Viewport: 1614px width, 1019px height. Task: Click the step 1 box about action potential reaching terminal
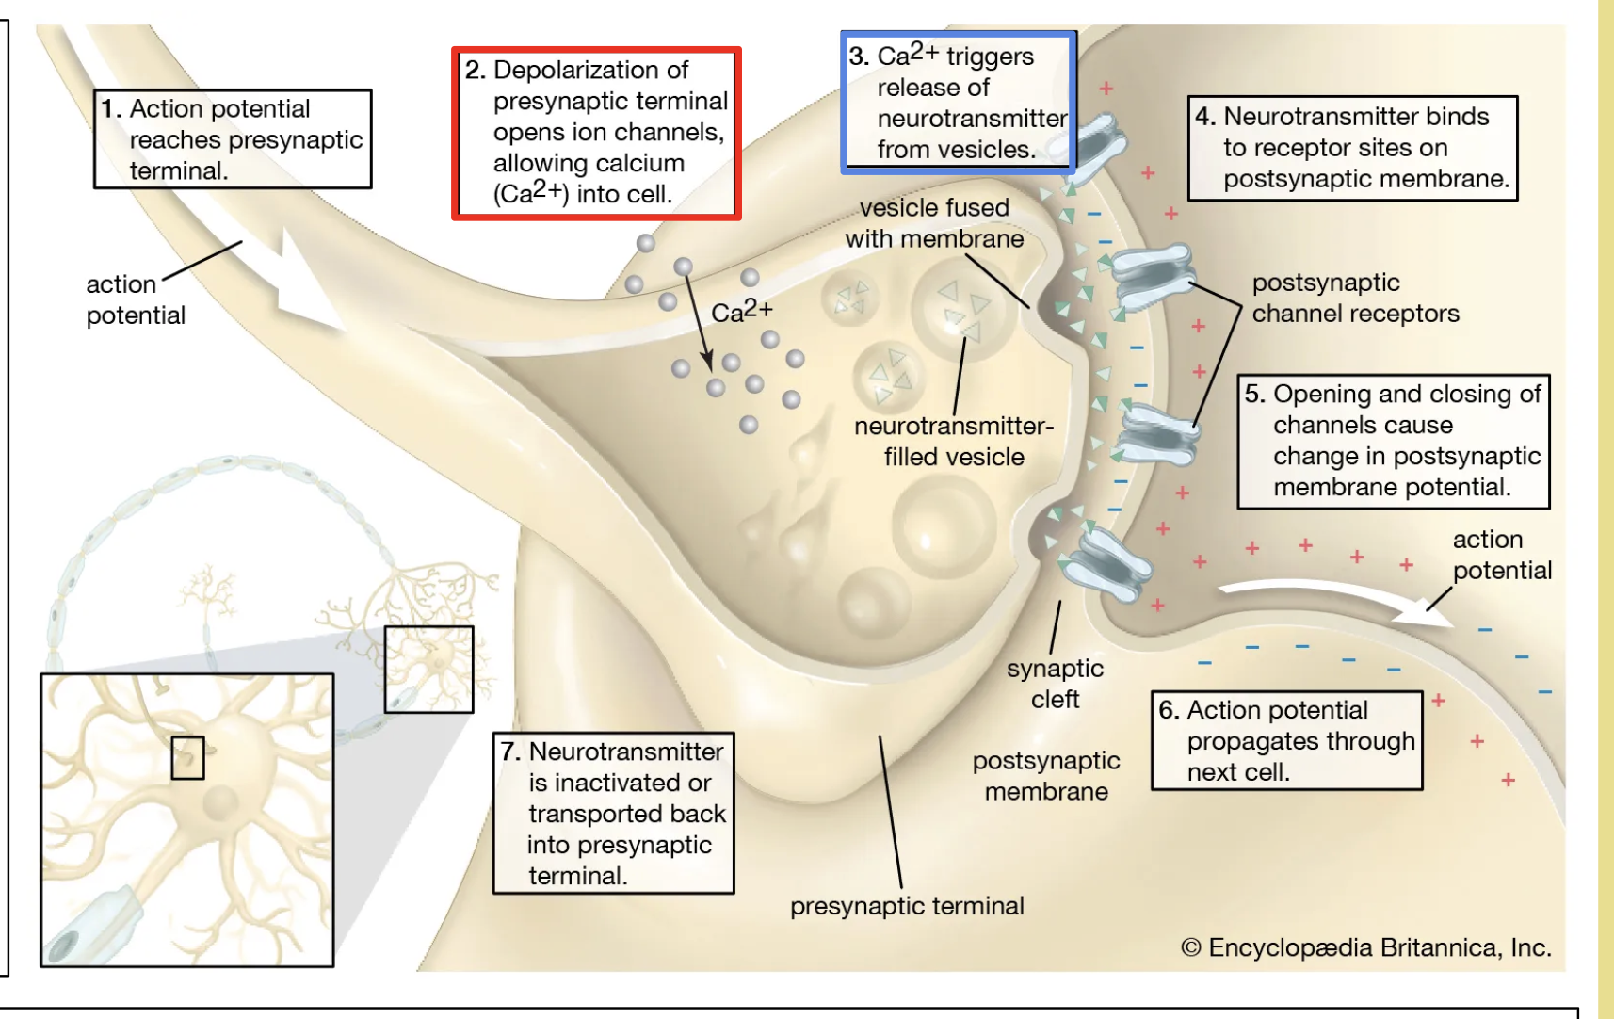click(233, 139)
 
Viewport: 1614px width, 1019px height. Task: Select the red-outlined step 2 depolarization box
click(596, 133)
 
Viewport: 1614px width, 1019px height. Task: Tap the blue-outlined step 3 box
click(958, 103)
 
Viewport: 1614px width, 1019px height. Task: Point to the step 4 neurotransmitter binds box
click(1352, 148)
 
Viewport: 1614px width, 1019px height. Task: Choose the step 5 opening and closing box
click(1393, 441)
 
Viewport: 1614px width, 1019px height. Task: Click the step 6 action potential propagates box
click(1286, 740)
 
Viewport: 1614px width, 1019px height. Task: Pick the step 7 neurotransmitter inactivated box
click(613, 813)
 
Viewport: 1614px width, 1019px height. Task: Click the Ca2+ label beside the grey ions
click(742, 311)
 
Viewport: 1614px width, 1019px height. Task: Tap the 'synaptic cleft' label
click(1055, 684)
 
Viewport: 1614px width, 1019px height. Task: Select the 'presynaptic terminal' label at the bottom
click(907, 906)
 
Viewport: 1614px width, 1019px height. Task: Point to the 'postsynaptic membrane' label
click(1046, 776)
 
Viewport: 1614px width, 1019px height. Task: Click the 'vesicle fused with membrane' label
click(934, 223)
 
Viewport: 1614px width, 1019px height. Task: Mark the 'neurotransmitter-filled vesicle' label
click(954, 441)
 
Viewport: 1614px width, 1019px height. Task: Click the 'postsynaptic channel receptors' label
click(1354, 298)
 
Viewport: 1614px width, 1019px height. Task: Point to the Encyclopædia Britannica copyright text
click(1365, 947)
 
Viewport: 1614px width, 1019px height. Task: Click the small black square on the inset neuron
click(187, 757)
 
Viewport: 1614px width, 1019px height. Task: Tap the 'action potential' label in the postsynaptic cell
click(1501, 555)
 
